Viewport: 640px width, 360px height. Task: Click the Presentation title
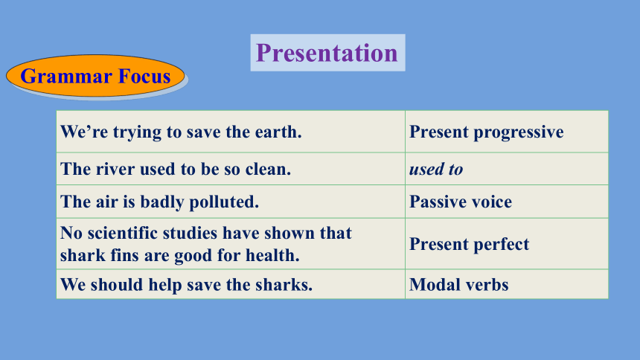[x=327, y=53]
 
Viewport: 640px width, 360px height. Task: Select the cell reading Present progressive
[x=507, y=132]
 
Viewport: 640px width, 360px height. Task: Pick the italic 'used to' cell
[x=507, y=169]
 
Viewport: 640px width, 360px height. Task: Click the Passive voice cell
[x=507, y=202]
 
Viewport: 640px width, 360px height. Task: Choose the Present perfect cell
[x=507, y=244]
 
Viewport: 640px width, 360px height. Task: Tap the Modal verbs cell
[x=507, y=284]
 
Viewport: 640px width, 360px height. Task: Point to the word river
[x=115, y=170]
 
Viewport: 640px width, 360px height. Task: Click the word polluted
[x=224, y=202]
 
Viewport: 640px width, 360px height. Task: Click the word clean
[x=268, y=170]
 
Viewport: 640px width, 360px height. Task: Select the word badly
[x=162, y=202]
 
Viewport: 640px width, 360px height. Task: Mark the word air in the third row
[x=106, y=202]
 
